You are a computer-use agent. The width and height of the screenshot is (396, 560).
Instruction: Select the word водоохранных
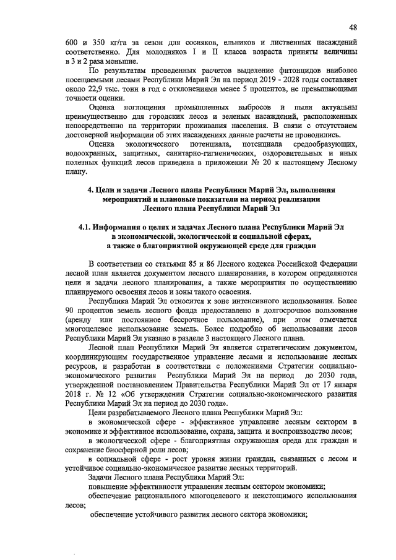(90, 154)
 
